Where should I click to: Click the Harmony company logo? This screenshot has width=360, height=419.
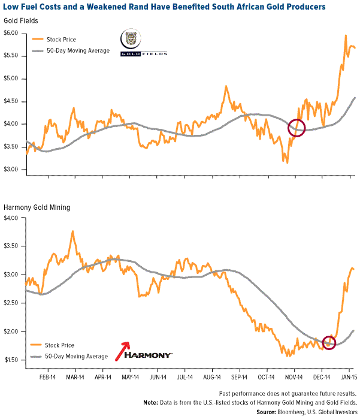149,354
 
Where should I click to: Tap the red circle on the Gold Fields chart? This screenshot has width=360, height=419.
297,127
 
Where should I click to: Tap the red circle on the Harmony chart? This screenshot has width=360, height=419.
329,342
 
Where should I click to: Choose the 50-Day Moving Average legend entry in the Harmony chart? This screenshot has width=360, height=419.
77,356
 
